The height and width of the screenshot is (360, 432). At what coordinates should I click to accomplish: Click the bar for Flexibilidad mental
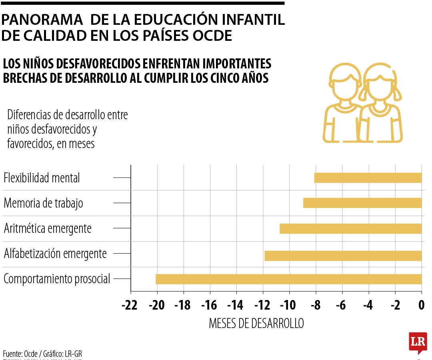coord(368,178)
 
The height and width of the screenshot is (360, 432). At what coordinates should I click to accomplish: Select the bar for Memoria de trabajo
coord(362,203)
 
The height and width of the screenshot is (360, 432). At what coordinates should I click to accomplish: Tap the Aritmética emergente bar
coord(350,228)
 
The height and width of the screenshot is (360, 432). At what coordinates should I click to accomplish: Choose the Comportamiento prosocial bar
coord(288,279)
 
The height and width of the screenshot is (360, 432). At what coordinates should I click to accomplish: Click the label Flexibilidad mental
coord(42,178)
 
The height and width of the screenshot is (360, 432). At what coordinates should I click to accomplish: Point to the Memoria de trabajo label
coord(43,203)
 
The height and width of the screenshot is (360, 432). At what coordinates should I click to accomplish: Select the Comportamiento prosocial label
coord(56,279)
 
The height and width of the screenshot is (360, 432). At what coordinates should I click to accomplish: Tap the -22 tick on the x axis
coord(130,306)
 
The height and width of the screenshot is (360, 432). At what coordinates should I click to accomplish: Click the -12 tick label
coord(262,306)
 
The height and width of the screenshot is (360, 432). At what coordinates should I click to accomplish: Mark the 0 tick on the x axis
coord(421,306)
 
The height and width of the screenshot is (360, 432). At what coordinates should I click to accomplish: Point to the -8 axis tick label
coord(315,306)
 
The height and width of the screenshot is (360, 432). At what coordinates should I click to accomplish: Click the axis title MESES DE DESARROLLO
coord(256,324)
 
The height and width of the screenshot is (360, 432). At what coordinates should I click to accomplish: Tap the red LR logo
coord(418,342)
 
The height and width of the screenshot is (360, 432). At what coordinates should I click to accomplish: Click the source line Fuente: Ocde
coord(43,354)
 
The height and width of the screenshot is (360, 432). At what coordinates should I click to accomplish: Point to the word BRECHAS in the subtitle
coord(28,78)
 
